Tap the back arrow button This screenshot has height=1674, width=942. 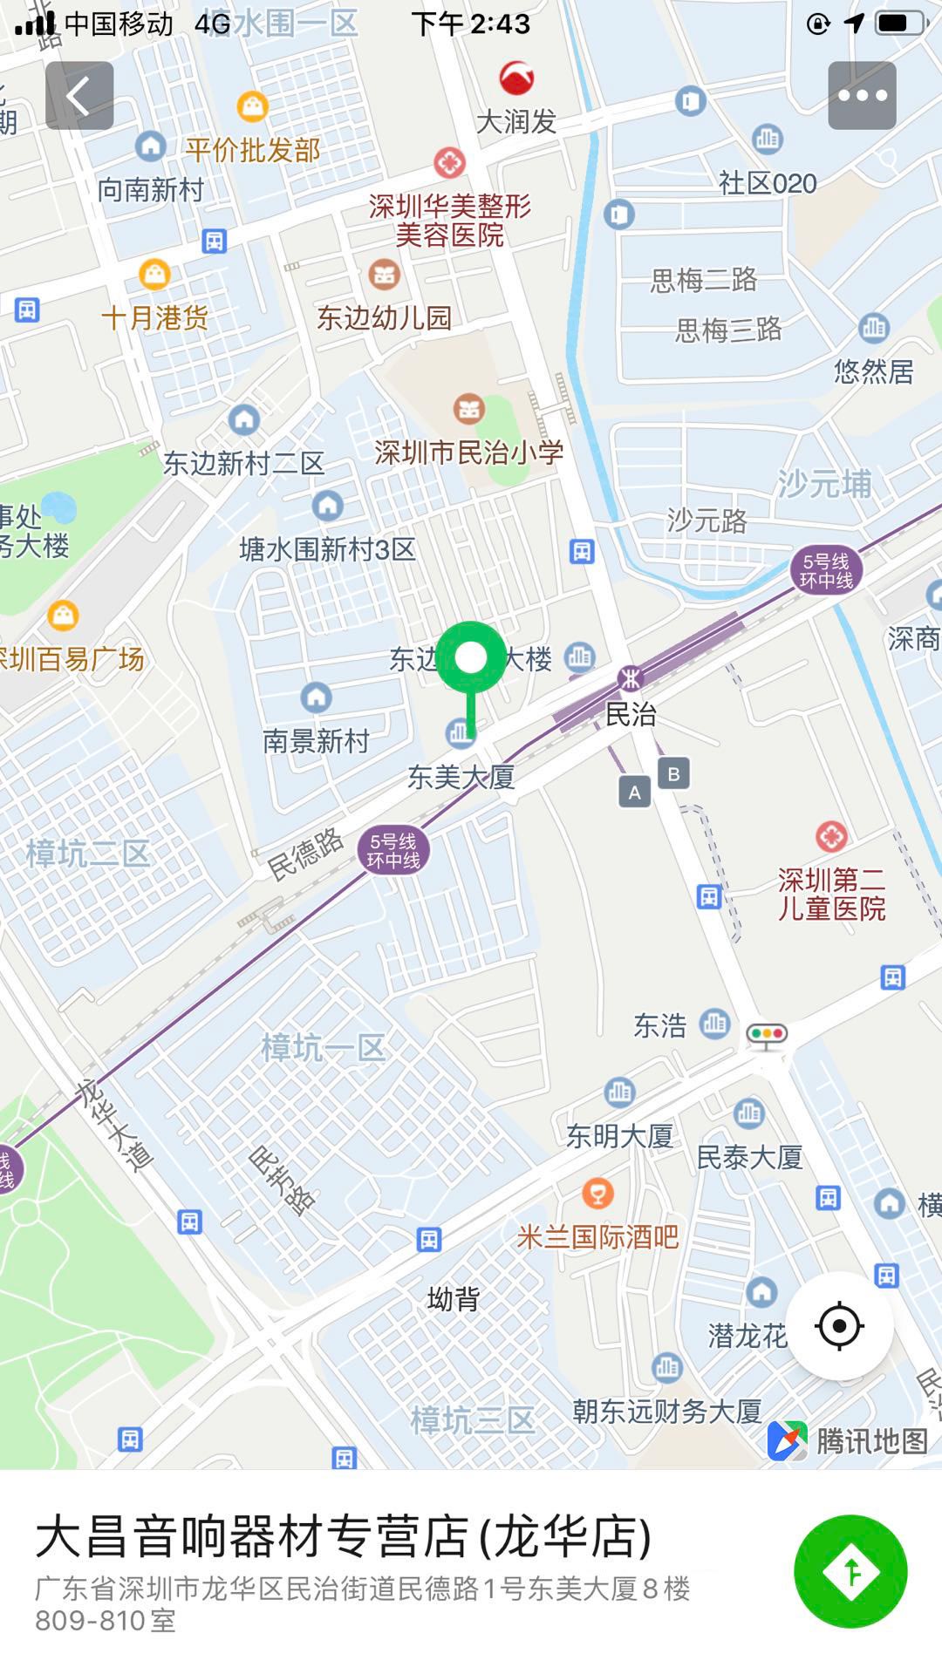pos(79,96)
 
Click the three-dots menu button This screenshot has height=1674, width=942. pos(862,96)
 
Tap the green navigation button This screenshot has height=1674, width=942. pos(850,1571)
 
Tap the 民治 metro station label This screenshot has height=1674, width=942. pos(631,715)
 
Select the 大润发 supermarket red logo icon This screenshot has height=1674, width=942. pos(516,78)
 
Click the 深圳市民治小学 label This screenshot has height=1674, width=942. pos(468,453)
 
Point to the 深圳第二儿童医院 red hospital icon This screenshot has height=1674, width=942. pos(831,837)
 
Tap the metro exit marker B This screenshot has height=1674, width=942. pos(673,773)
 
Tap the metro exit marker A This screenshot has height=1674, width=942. pos(635,793)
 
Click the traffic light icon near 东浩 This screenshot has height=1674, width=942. pos(767,1035)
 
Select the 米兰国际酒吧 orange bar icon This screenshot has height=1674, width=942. pos(597,1193)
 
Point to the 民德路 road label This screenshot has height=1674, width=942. pos(305,854)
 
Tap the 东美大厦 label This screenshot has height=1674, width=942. pos(461,777)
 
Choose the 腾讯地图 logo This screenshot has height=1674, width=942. pos(848,1440)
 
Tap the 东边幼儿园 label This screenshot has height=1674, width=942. pos(384,317)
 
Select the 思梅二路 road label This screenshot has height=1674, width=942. pos(703,280)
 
